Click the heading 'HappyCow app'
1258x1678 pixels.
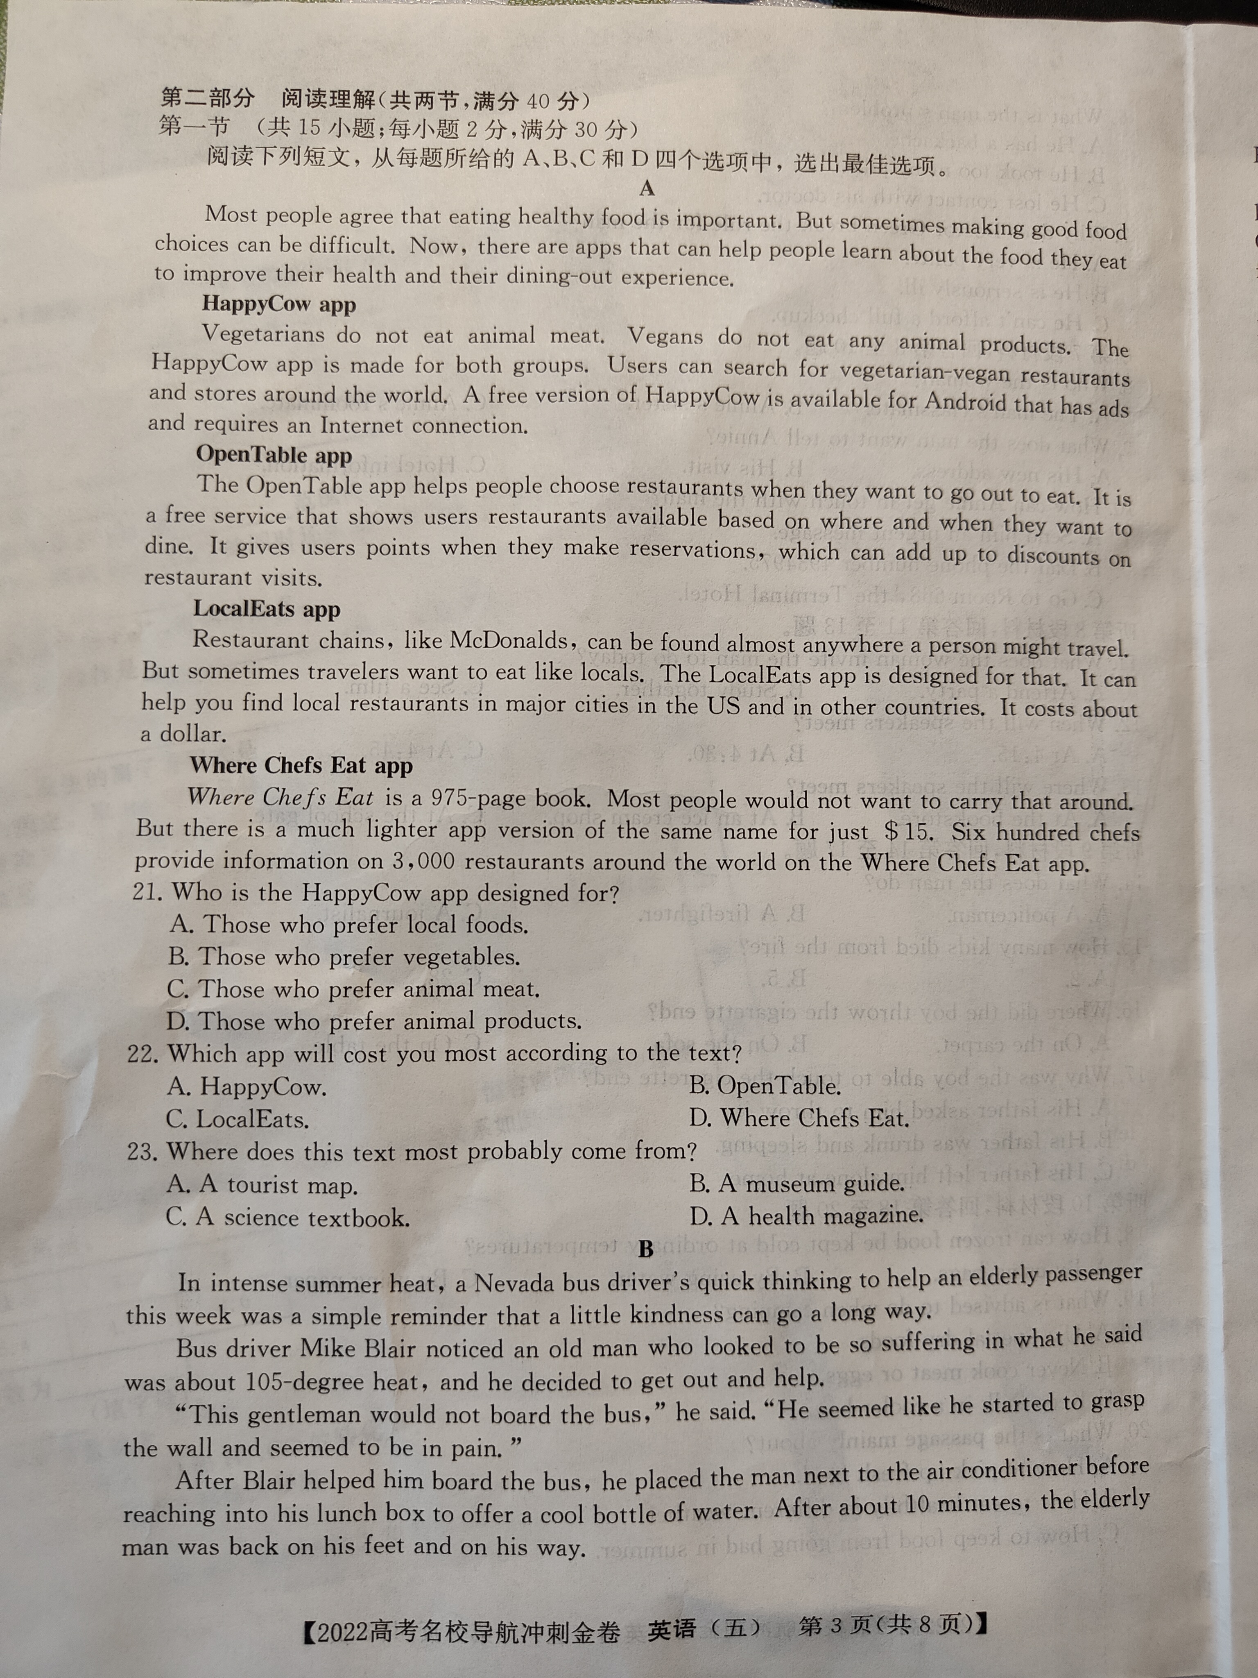(278, 304)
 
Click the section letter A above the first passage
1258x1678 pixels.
(646, 187)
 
